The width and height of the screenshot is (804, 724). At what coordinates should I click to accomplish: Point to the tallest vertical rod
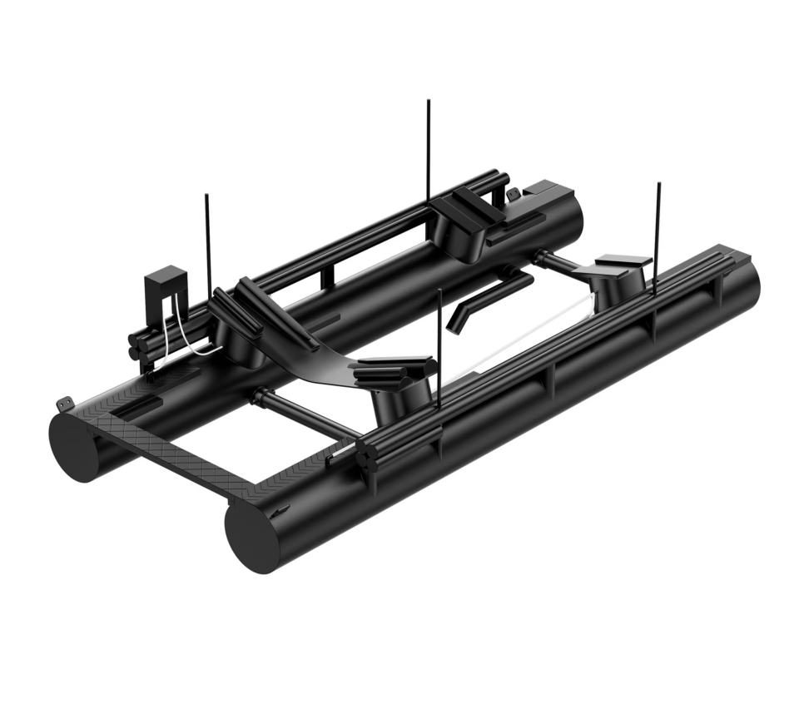(429, 150)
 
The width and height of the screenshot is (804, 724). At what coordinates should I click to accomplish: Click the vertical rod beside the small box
(207, 241)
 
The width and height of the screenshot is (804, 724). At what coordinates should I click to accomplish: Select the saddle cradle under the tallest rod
(463, 225)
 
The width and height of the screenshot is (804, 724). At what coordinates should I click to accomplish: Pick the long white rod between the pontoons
(516, 341)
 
